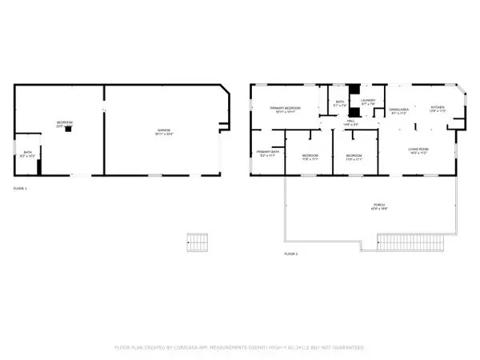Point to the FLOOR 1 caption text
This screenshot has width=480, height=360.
20,188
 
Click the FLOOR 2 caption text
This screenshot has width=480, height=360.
290,254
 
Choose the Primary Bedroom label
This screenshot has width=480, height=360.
284,110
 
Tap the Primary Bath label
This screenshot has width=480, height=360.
267,154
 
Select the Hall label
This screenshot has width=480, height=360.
350,122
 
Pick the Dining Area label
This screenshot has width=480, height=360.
398,111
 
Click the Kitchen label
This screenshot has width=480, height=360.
438,109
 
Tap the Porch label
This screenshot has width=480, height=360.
378,207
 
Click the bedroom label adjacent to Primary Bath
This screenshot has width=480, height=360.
310,158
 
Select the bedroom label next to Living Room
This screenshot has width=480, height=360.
354,158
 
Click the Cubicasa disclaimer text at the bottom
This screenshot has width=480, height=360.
239,348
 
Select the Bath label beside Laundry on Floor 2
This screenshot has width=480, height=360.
339,103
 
